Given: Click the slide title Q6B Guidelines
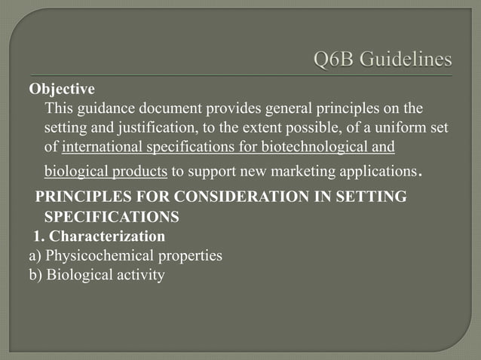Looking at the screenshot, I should [x=382, y=59].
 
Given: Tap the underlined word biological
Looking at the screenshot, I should [x=78, y=171].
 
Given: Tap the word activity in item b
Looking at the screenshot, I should [x=139, y=275].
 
